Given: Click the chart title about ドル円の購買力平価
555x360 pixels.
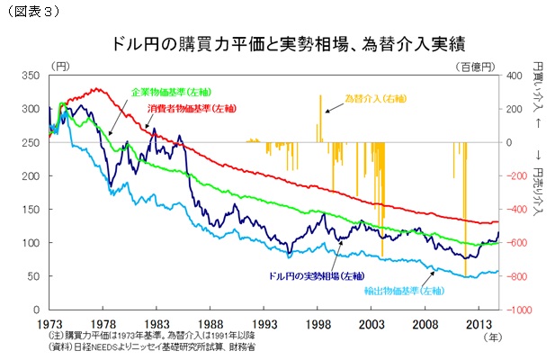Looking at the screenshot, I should tap(276, 43).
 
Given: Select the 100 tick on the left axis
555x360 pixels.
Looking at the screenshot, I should tap(33, 243).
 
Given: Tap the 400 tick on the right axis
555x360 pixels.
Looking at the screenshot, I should tap(517, 75).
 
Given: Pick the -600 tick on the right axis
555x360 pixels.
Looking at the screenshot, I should tap(519, 243).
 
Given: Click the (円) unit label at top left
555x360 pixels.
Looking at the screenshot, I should tap(59, 65).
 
